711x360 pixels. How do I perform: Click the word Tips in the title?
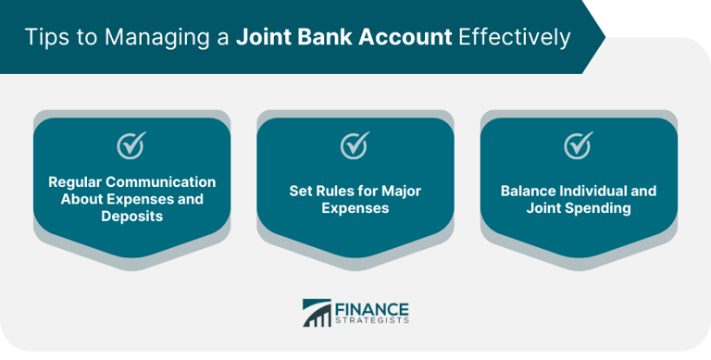(44, 38)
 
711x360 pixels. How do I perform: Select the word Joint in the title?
(263, 38)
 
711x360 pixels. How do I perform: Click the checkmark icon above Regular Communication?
(131, 145)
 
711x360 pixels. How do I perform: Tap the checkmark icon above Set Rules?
(355, 145)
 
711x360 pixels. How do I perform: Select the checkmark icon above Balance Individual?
(578, 145)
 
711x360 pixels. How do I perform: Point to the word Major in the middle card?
(400, 191)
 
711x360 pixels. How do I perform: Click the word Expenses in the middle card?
(355, 208)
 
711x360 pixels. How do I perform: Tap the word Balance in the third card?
(526, 191)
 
